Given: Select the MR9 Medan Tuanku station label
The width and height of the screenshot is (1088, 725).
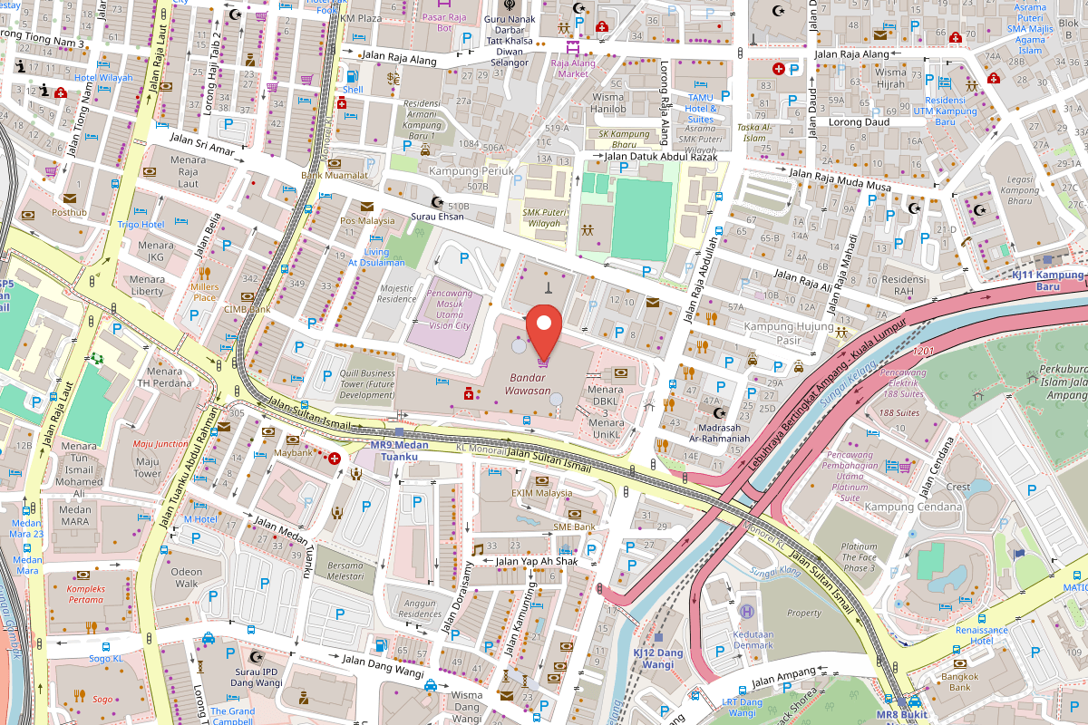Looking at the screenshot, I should coord(399,450).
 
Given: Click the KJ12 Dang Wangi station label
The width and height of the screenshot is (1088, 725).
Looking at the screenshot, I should coord(658,658).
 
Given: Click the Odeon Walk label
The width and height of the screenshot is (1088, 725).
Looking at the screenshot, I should coord(187,577).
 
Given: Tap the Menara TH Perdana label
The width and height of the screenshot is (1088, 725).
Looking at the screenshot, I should coord(165,377).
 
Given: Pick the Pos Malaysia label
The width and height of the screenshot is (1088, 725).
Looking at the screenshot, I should coord(367,220).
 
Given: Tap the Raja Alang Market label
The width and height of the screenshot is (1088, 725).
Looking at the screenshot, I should coord(574,68).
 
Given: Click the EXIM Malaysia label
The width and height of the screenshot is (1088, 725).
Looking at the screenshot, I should coord(541,493).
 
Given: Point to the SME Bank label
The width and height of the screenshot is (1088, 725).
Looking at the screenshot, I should coord(574,527).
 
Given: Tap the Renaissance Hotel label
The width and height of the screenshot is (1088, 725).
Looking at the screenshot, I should coord(981,635).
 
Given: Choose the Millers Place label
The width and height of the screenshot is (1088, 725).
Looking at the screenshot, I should coord(204,292).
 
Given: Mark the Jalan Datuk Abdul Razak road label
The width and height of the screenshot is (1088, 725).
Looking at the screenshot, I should coord(661,157).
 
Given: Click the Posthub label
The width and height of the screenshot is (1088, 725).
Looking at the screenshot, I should coord(69,213).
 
